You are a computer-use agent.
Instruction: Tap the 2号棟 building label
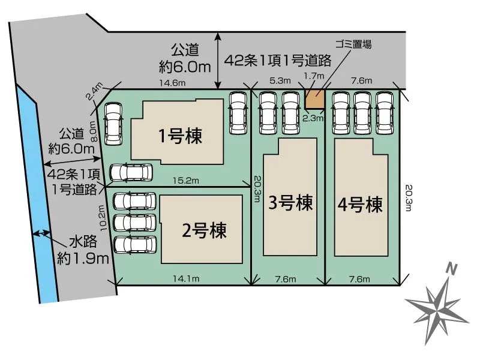pyautogui.click(x=204, y=230)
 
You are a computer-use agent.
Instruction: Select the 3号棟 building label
pyautogui.click(x=290, y=202)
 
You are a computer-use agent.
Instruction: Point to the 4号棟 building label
pyautogui.click(x=360, y=205)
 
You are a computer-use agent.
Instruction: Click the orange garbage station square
pyautogui.click(x=314, y=99)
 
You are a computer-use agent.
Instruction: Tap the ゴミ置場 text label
pyautogui.click(x=353, y=44)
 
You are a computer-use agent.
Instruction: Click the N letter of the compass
pyautogui.click(x=451, y=269)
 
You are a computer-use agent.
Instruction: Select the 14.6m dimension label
pyautogui.click(x=172, y=83)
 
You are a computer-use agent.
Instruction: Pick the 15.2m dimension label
pyautogui.click(x=186, y=181)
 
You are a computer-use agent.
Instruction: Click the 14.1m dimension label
pyautogui.click(x=186, y=278)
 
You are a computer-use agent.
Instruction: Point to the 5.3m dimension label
pyautogui.click(x=280, y=80)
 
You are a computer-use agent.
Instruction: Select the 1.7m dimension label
pyautogui.click(x=314, y=76)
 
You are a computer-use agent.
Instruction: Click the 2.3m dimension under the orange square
pyautogui.click(x=313, y=118)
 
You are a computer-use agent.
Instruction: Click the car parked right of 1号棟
pyautogui.click(x=238, y=113)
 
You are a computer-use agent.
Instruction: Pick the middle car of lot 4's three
pyautogui.click(x=362, y=113)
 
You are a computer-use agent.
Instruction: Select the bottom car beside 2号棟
pyautogui.click(x=134, y=245)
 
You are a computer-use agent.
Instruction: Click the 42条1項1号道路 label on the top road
pyautogui.click(x=278, y=61)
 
